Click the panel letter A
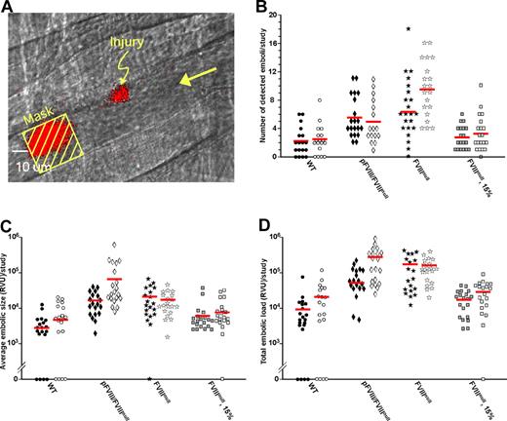(8, 8)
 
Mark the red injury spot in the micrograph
(120, 94)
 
